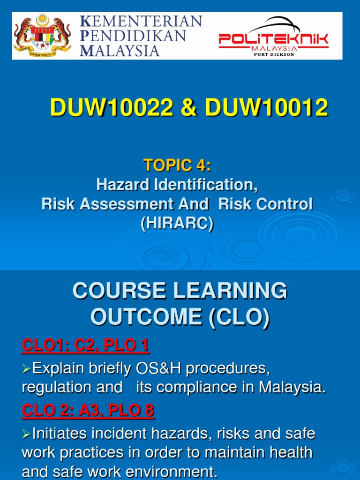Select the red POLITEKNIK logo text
coord(274,40)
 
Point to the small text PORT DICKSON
coord(274,54)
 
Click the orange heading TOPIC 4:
coord(177,165)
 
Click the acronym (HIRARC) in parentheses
coord(177,224)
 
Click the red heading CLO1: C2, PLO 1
coord(85,346)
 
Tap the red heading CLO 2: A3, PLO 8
coord(88,411)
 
